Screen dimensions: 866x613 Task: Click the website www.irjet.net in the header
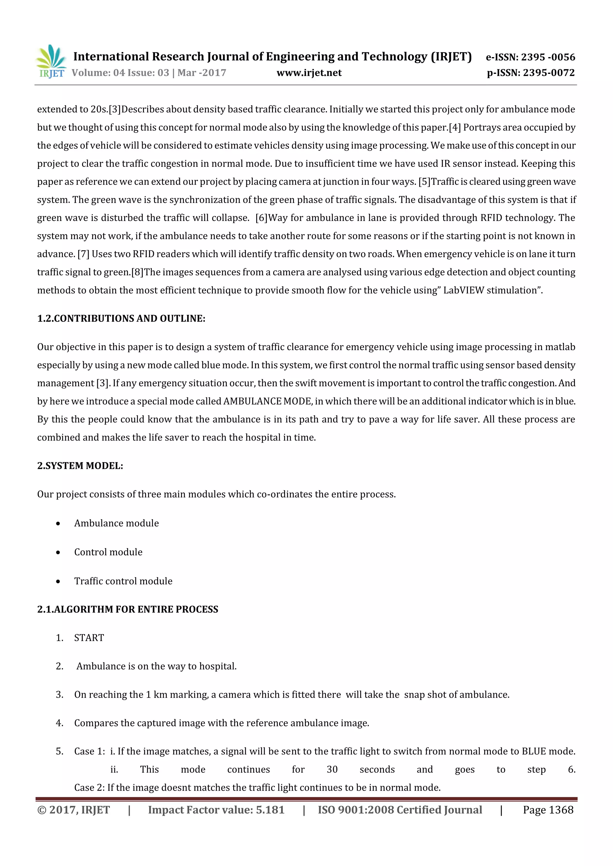click(x=309, y=73)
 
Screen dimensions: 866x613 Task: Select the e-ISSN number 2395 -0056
click(x=548, y=57)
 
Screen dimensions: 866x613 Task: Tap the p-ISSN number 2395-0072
click(x=549, y=73)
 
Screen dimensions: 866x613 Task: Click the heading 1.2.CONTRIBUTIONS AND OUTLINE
click(x=121, y=318)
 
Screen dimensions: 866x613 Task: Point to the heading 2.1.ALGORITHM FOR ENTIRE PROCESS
click(x=128, y=609)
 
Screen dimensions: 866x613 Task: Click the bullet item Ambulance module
click(x=116, y=523)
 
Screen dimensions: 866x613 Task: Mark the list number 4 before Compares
click(x=59, y=723)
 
